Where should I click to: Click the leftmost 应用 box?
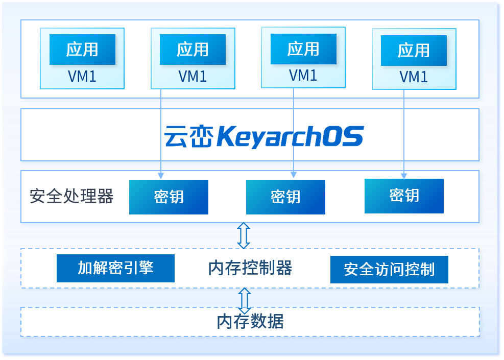tap(82, 50)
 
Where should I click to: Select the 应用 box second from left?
tap(193, 50)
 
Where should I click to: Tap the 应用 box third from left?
tap(303, 49)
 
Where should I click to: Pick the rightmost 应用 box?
tap(414, 50)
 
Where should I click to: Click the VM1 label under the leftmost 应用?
tap(82, 77)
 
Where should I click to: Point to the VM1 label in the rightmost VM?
tap(414, 77)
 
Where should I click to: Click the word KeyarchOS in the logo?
tap(290, 136)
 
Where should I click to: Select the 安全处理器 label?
tap(71, 196)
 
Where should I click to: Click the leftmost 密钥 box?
tap(169, 197)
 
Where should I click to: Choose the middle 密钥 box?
tap(285, 197)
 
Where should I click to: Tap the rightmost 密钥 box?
tap(404, 196)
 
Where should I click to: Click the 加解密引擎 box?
tap(115, 268)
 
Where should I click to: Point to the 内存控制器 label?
tap(250, 268)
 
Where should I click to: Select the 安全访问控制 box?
tap(389, 270)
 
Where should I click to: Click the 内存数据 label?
tap(250, 322)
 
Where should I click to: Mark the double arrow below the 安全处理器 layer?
tap(244, 235)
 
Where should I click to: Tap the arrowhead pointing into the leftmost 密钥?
tap(161, 176)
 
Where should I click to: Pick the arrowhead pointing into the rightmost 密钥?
tap(404, 176)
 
